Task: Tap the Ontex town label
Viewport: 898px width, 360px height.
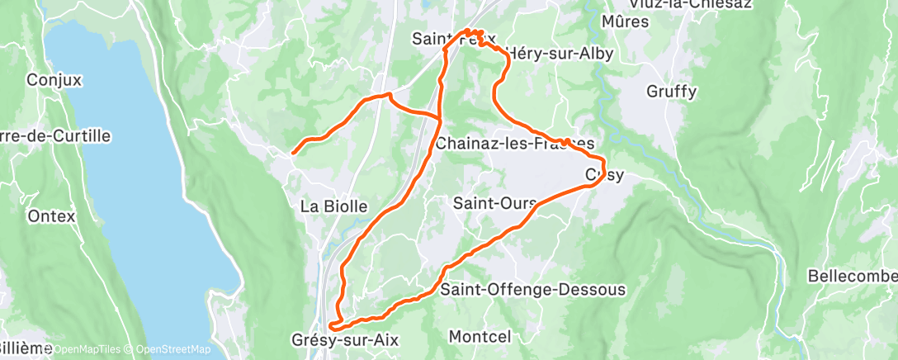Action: (x=51, y=216)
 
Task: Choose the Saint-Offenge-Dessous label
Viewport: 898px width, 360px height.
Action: (x=532, y=290)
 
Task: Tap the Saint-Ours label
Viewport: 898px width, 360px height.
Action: (x=494, y=202)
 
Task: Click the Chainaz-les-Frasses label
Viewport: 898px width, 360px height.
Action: (x=514, y=144)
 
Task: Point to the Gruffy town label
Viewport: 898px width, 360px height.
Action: (x=672, y=91)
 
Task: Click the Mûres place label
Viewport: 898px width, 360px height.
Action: (x=626, y=21)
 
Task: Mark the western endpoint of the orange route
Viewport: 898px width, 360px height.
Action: (x=293, y=152)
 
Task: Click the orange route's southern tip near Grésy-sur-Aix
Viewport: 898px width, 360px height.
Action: (x=332, y=327)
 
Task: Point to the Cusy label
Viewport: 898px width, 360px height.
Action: (x=604, y=175)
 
